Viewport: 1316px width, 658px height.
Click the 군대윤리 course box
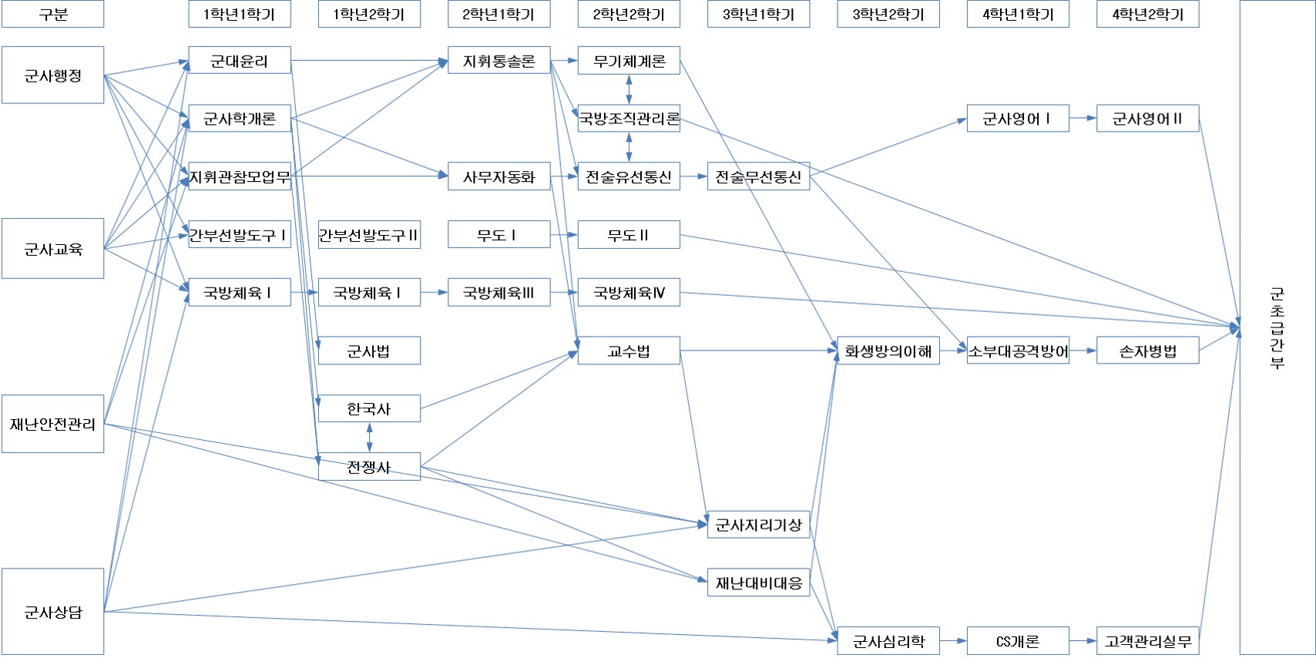tap(240, 61)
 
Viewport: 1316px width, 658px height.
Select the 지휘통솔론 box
tap(499, 61)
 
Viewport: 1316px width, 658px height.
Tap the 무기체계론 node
tap(629, 61)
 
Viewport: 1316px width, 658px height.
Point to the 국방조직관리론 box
tap(629, 119)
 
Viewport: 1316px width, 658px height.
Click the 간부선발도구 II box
tap(369, 235)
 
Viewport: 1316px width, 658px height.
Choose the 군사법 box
tap(369, 351)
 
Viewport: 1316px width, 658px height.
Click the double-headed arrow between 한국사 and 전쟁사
tap(369, 438)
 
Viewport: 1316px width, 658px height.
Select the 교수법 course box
tap(629, 351)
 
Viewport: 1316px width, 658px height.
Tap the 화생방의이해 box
tap(888, 351)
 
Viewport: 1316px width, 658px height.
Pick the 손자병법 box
tap(1147, 351)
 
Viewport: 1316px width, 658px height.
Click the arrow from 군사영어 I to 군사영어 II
tap(1083, 119)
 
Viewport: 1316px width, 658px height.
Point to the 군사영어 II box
tap(1147, 119)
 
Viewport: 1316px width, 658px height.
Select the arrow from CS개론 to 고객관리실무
tap(1083, 641)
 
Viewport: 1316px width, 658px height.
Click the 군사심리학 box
tap(888, 641)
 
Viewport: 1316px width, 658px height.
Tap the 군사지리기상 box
tap(758, 525)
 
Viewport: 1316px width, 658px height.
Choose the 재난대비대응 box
tap(758, 583)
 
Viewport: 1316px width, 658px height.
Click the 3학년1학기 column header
tap(758, 14)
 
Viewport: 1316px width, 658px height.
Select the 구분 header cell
tap(52, 14)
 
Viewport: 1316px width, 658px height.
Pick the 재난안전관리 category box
tap(52, 424)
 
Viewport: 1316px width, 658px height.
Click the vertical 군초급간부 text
tap(1277, 328)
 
